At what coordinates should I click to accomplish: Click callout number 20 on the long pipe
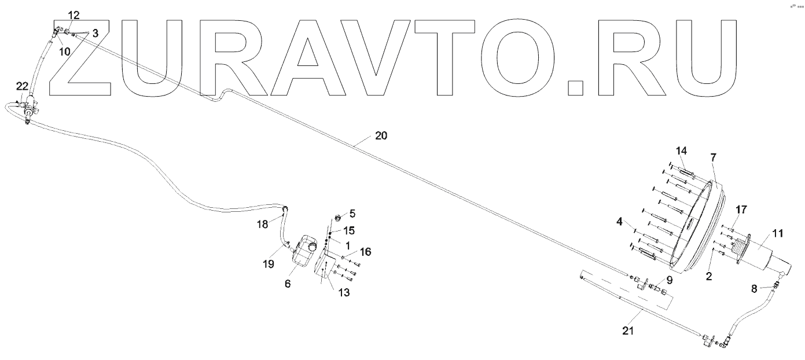[x=381, y=137]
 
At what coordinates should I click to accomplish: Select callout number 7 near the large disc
[x=713, y=157]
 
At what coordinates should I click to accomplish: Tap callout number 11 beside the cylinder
[x=777, y=233]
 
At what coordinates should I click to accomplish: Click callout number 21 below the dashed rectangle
[x=628, y=332]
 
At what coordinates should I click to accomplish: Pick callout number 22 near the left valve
[x=22, y=86]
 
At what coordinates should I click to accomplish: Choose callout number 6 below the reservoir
[x=288, y=284]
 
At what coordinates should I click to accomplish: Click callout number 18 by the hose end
[x=263, y=224]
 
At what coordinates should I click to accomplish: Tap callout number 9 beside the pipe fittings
[x=670, y=279]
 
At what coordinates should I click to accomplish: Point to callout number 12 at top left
[x=75, y=14]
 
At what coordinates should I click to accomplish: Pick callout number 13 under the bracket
[x=344, y=293]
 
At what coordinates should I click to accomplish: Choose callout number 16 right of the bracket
[x=365, y=252]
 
